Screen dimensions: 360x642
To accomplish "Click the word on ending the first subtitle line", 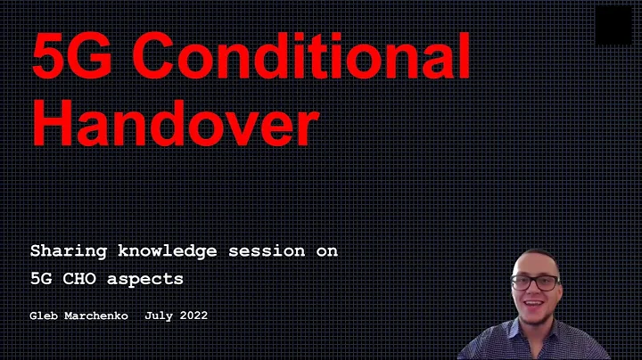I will point(327,251).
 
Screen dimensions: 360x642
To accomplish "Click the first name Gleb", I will point(45,316).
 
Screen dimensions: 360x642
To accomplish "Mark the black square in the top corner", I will point(613,26).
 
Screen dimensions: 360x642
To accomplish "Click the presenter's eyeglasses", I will point(535,282).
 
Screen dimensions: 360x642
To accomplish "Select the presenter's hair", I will point(533,258).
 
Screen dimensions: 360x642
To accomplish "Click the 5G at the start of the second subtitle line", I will point(40,278).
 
